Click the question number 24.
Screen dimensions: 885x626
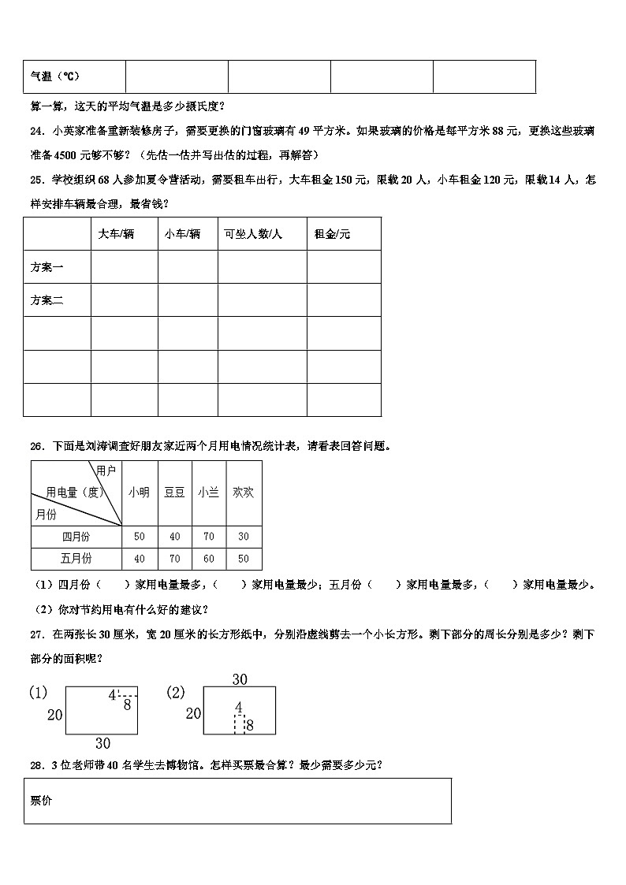coord(36,132)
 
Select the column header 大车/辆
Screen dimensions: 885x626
coord(116,235)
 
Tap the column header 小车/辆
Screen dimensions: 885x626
coord(182,235)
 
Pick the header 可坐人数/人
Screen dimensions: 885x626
coord(253,235)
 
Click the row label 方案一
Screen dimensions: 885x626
coord(47,268)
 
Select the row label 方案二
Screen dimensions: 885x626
coord(47,300)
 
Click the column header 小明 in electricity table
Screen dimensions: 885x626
coord(139,493)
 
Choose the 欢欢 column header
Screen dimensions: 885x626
coord(243,493)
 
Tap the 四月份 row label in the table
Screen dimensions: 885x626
coord(76,537)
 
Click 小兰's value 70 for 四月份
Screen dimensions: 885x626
coord(208,537)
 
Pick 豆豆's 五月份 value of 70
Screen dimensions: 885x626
coord(173,559)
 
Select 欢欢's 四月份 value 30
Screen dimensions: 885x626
coord(243,537)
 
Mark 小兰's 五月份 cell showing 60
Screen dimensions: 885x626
coord(208,559)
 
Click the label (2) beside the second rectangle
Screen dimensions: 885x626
coord(175,693)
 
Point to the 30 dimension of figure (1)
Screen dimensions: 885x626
coord(102,742)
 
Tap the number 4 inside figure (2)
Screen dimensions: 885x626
coord(238,707)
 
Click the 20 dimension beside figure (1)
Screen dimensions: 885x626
coord(54,715)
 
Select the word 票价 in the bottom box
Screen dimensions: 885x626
coord(41,801)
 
